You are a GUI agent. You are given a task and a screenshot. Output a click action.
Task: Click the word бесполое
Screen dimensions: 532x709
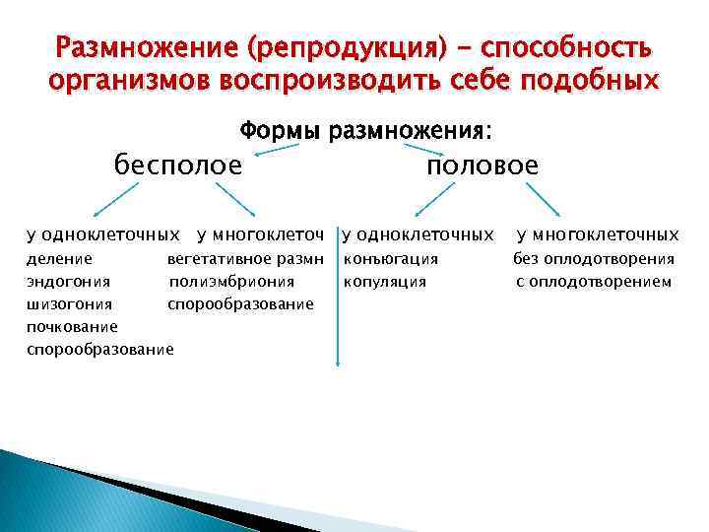tap(178, 166)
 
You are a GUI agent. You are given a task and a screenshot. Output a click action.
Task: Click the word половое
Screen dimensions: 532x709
tap(483, 166)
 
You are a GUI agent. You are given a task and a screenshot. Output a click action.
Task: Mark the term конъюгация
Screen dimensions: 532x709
tap(391, 259)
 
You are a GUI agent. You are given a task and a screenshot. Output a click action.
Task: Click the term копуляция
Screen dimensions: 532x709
tap(385, 282)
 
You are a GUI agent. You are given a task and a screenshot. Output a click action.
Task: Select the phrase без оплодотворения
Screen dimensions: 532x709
tap(594, 259)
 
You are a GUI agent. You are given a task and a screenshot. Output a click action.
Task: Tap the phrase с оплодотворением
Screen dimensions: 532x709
tap(594, 282)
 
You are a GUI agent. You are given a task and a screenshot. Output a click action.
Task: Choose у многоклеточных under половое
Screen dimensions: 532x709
tap(598, 234)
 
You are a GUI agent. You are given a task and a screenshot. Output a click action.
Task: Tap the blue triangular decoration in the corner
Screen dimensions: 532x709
tap(49, 493)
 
